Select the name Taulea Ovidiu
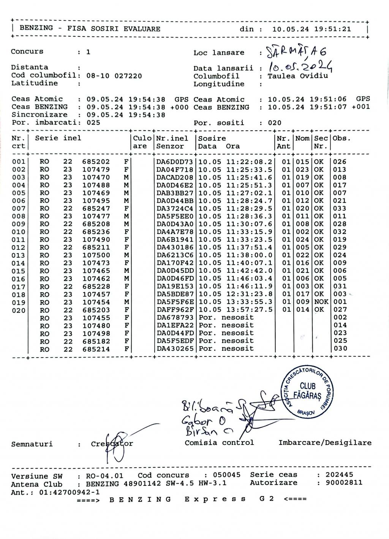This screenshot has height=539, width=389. [x=297, y=76]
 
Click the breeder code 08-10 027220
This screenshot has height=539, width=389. [x=114, y=76]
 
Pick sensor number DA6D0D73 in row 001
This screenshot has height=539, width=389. [x=175, y=162]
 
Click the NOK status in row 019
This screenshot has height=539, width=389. [x=322, y=302]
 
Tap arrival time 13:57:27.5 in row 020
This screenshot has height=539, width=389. [x=249, y=310]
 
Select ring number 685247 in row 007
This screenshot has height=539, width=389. [x=96, y=208]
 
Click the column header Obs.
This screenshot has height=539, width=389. [x=341, y=139]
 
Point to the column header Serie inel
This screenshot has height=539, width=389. [x=58, y=138]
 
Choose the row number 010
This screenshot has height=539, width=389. [x=19, y=232]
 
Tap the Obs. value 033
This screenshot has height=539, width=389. [x=340, y=208]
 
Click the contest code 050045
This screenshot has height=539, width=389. [x=226, y=475]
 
